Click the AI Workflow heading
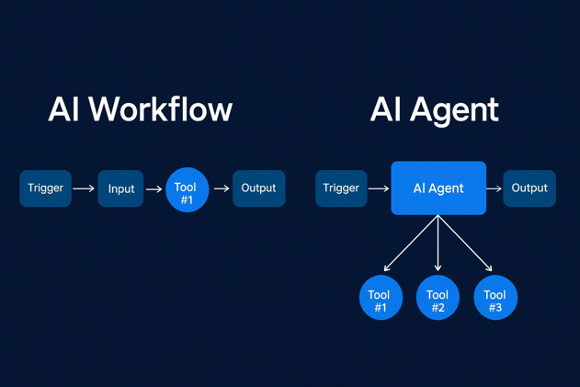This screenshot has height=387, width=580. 140,110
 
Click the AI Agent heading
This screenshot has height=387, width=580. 434,110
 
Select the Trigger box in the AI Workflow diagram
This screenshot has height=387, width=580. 45,188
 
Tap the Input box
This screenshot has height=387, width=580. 120,188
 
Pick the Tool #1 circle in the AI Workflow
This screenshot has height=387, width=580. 187,189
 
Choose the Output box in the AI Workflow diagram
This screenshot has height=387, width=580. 258,188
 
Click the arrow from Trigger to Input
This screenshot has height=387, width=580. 84,188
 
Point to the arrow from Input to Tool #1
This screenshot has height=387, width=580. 154,189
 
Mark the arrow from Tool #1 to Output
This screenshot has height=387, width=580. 222,188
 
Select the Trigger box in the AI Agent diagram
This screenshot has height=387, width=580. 341,188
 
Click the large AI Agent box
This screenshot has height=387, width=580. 438,188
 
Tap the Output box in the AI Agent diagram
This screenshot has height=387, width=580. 529,188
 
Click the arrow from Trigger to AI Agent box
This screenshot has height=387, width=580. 379,188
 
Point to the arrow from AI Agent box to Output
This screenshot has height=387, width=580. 495,188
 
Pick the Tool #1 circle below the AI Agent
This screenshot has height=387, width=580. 381,298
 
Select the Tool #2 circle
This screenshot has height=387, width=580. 438,298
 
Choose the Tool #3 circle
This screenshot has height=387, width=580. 495,298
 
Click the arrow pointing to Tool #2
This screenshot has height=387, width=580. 438,244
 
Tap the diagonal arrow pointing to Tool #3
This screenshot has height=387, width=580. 467,245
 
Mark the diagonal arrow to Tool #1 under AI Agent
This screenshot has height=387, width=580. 410,245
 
